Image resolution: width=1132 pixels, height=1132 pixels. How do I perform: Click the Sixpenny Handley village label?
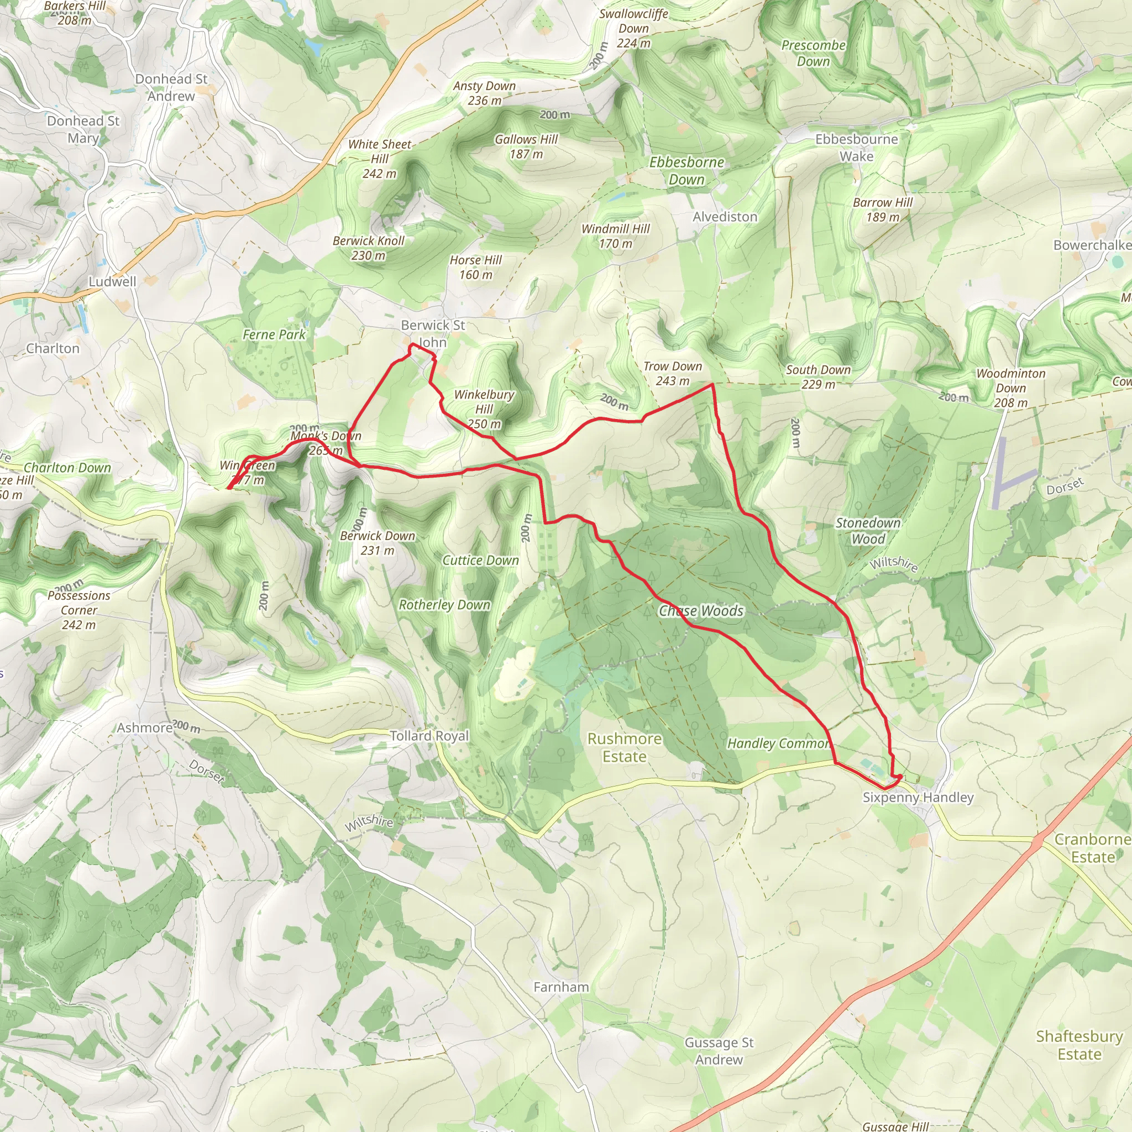click(918, 798)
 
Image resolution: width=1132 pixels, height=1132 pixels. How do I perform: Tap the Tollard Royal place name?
click(429, 736)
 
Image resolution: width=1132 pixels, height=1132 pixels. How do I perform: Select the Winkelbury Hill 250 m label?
click(484, 409)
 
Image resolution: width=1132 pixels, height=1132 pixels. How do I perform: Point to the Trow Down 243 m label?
click(673, 374)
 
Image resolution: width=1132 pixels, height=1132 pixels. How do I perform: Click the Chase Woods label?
click(701, 611)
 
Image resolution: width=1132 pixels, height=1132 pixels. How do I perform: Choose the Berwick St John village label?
click(432, 333)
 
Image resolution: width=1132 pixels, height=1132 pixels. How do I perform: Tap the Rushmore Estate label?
click(625, 748)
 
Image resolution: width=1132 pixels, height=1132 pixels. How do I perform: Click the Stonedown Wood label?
click(868, 531)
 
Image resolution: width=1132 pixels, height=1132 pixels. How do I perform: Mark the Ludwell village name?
click(113, 282)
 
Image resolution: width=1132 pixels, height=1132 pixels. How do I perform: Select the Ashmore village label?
click(145, 728)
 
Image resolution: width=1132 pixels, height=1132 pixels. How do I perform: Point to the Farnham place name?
click(560, 987)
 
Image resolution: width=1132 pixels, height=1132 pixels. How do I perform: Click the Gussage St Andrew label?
click(719, 1051)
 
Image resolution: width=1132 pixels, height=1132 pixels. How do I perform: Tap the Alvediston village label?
click(725, 217)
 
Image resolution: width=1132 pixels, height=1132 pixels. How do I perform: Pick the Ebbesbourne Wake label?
click(856, 148)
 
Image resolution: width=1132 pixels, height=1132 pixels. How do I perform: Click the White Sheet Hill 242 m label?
click(379, 159)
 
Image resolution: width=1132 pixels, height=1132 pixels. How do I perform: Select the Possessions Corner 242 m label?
click(79, 610)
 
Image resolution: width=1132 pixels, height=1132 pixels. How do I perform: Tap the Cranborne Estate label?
click(1092, 848)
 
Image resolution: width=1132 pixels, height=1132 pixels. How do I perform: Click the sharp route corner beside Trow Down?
click(711, 384)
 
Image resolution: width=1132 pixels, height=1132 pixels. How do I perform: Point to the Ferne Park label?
click(274, 334)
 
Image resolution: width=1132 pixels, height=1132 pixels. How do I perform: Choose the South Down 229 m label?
click(818, 378)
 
